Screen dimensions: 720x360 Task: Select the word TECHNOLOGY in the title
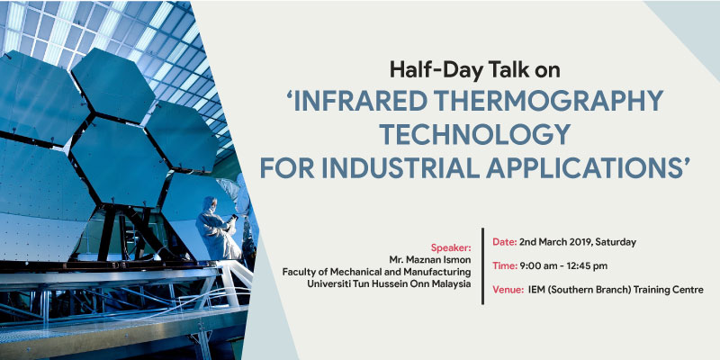(x=474, y=134)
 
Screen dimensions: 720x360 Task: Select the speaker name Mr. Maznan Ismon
(x=428, y=260)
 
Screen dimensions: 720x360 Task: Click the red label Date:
(x=505, y=242)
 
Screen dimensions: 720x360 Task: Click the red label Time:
(x=505, y=265)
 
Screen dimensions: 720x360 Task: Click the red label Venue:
(x=508, y=290)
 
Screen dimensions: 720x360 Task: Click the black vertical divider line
(x=482, y=265)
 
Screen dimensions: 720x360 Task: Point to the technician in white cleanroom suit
(x=217, y=229)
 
